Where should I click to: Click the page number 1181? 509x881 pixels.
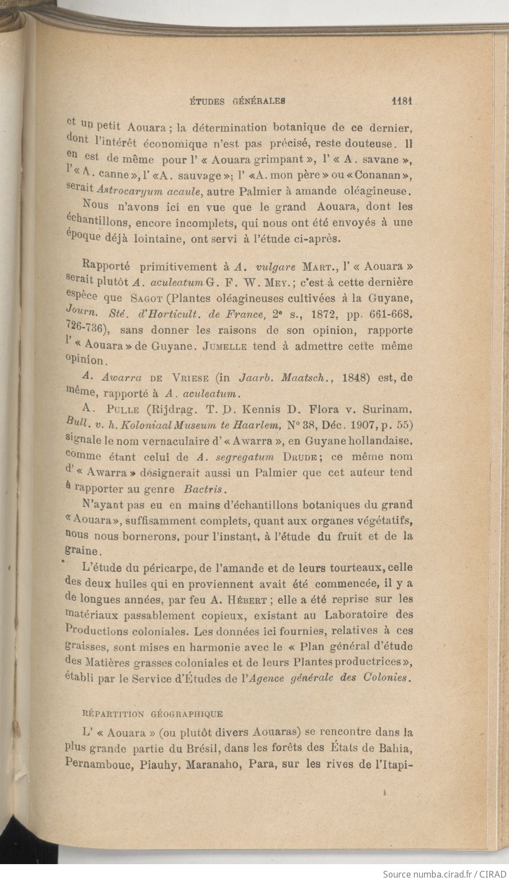[402, 101]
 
